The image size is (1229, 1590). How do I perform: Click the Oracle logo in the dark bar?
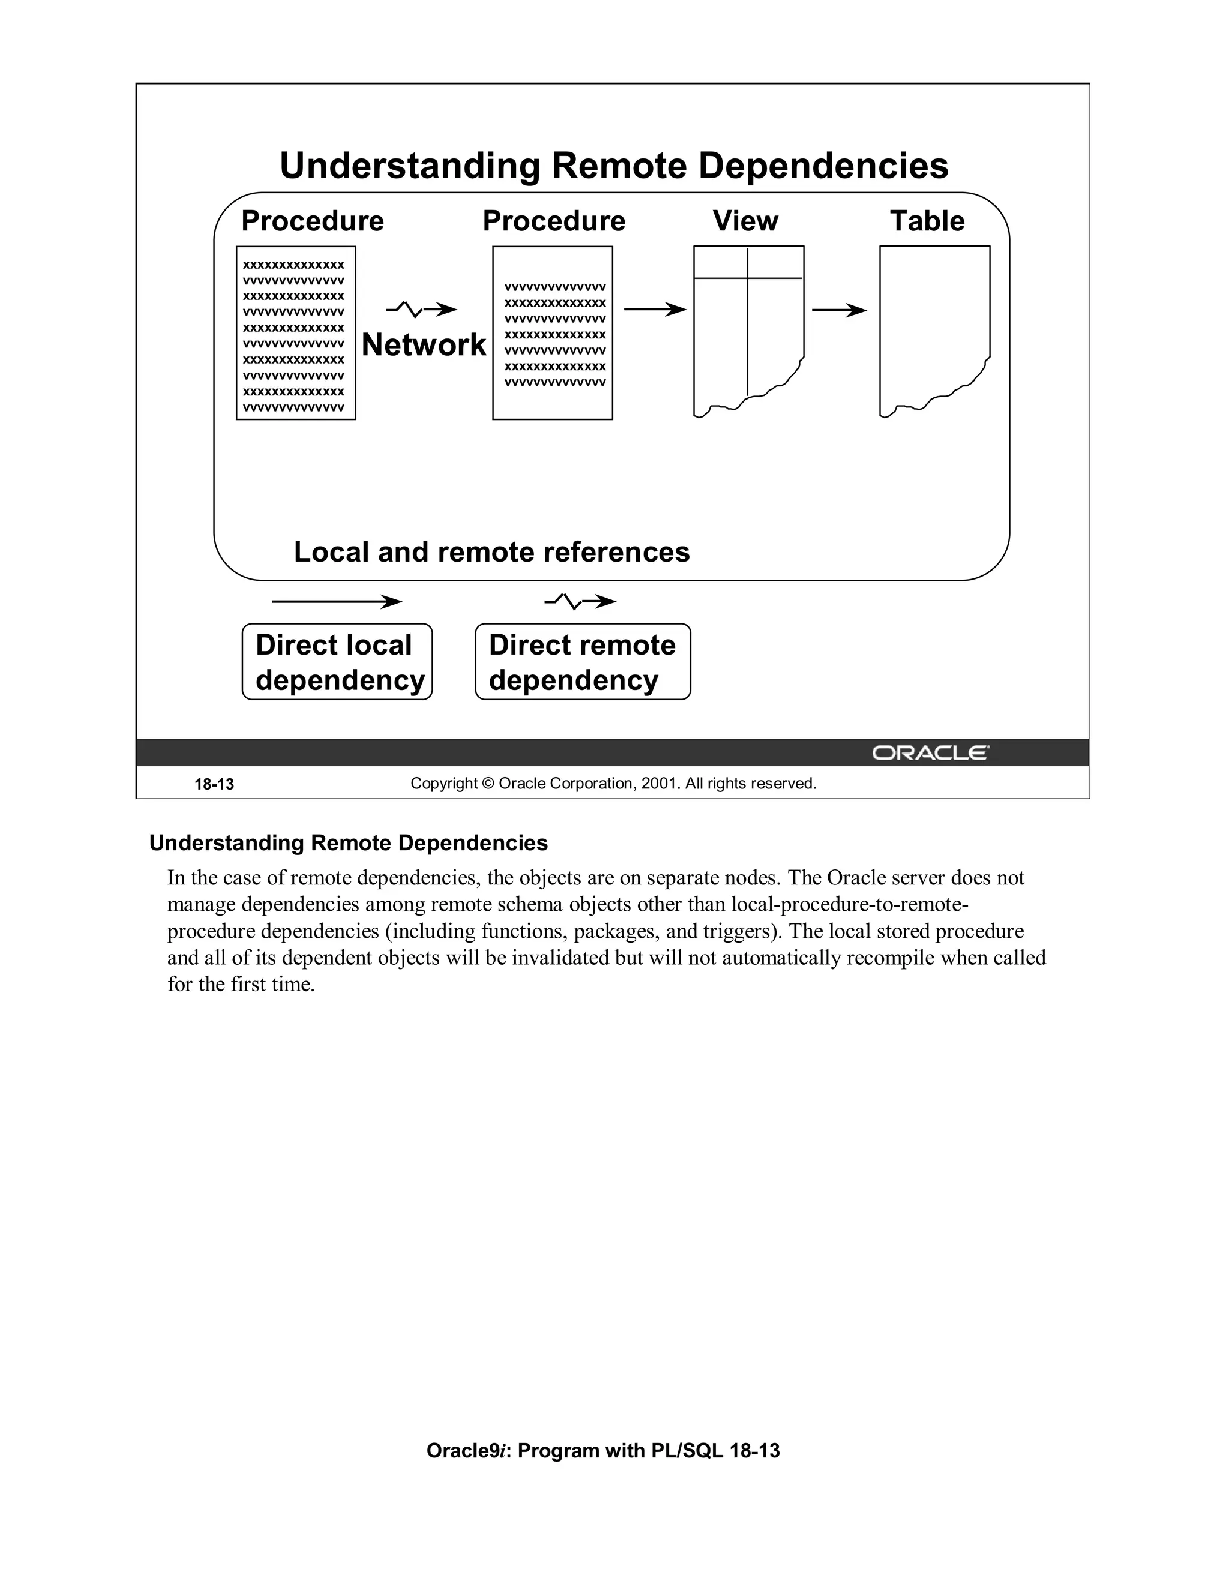tap(930, 753)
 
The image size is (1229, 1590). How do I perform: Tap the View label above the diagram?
tap(745, 221)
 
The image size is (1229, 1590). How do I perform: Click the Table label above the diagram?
tap(927, 221)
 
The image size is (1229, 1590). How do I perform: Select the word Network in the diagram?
tap(424, 344)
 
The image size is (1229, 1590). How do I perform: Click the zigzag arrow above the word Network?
tap(421, 310)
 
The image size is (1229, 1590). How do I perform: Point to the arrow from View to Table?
tap(839, 311)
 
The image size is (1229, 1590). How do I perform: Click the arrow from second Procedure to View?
tap(655, 310)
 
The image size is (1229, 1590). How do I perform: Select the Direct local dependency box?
tap(337, 662)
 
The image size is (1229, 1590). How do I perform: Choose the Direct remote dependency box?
tap(583, 662)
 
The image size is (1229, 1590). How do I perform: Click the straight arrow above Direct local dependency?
tap(337, 601)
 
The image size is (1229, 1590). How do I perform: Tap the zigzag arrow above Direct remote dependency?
tap(580, 601)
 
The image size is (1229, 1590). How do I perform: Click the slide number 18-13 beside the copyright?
tap(214, 784)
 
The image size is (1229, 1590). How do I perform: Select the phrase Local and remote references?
tap(491, 552)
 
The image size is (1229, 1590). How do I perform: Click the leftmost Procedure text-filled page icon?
tap(296, 333)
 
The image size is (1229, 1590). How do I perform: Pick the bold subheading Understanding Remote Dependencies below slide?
tap(348, 843)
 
